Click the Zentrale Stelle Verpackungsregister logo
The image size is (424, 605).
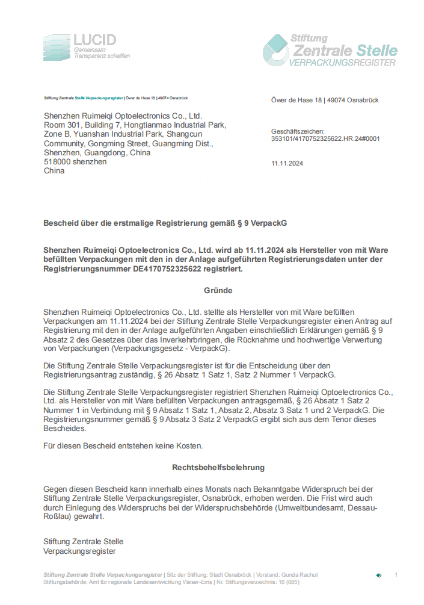click(x=330, y=50)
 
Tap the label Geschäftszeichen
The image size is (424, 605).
click(x=298, y=131)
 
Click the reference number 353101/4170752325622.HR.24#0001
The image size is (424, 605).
click(x=325, y=138)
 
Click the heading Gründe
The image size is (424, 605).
click(x=218, y=290)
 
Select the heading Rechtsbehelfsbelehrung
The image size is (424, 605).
click(x=218, y=467)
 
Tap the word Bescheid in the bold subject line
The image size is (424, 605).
click(x=60, y=223)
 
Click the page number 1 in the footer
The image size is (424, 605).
click(x=396, y=575)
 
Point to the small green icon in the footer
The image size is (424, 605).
click(x=378, y=576)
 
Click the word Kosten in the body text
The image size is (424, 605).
click(x=189, y=445)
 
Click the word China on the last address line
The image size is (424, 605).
click(x=54, y=171)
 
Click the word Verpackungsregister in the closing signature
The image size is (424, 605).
click(x=79, y=550)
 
